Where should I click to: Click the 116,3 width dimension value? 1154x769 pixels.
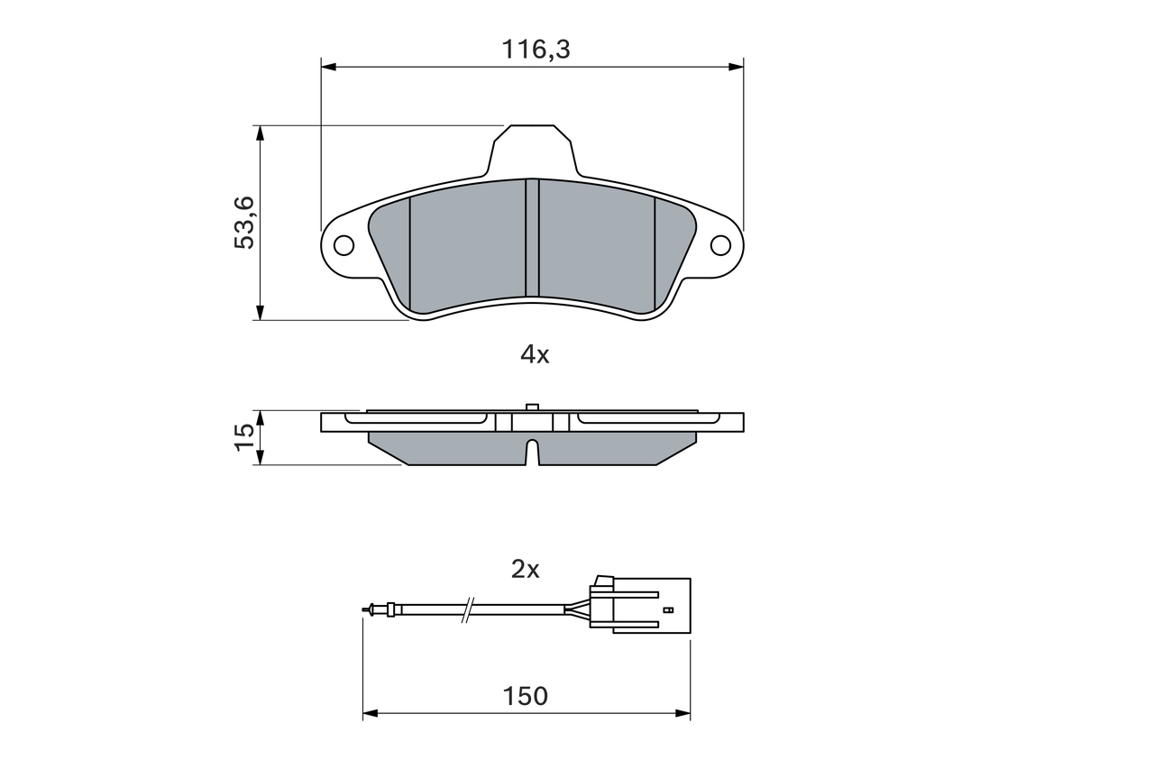point(536,50)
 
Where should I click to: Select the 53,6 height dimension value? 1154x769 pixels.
point(244,223)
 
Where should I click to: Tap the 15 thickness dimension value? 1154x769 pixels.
point(244,438)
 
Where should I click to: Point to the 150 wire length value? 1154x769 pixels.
point(525,696)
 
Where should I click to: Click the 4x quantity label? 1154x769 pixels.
point(535,355)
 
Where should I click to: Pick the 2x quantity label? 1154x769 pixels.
point(525,570)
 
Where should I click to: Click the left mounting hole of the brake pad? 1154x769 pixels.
point(343,246)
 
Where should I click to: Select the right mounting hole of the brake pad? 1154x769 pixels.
point(720,246)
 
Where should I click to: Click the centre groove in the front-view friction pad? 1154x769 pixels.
point(532,238)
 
